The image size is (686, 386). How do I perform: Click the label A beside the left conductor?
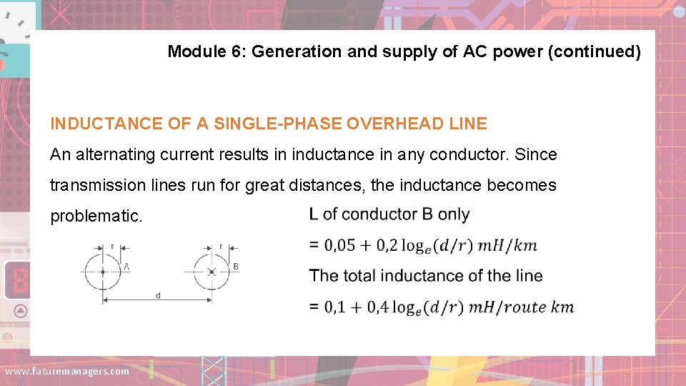[126, 266]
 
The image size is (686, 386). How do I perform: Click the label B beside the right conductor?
[236, 266]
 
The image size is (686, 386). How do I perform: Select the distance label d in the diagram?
[158, 295]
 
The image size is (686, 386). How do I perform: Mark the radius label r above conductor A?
[112, 246]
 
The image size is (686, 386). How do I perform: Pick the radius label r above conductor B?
[221, 246]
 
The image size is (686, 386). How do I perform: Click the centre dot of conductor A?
[103, 272]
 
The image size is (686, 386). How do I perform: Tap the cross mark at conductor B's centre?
[212, 272]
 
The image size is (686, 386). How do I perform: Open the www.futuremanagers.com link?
[67, 371]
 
